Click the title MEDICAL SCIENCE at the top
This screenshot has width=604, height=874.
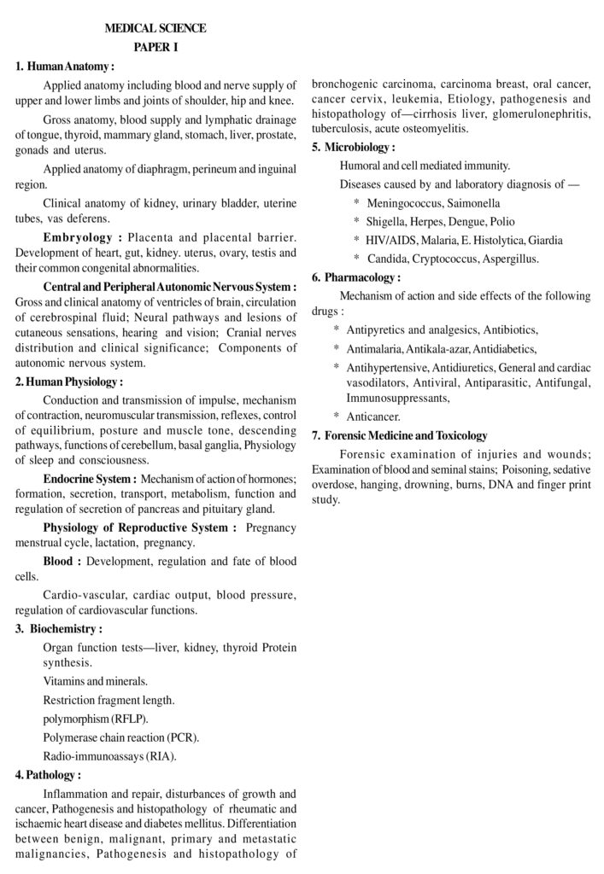(x=155, y=28)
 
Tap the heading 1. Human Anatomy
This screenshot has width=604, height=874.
(x=65, y=66)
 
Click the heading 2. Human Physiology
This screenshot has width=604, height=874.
(x=68, y=382)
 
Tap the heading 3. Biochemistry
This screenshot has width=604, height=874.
(x=59, y=629)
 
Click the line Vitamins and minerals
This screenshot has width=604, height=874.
(x=95, y=681)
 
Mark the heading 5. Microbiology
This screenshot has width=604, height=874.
(x=354, y=147)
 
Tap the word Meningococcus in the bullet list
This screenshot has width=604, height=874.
(x=407, y=203)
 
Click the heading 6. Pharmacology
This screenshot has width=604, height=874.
(x=356, y=277)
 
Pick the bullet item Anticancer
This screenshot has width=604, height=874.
(x=373, y=417)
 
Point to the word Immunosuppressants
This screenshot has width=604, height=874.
(x=397, y=398)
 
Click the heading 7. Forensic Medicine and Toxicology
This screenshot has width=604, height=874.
(x=400, y=435)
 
